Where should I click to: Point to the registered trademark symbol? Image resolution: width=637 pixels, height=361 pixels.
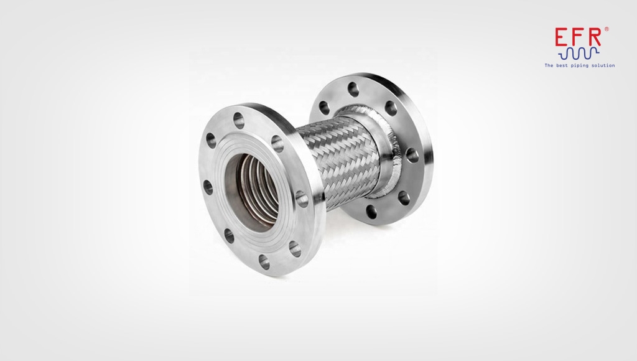(x=607, y=29)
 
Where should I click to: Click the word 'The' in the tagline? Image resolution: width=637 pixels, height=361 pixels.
(x=549, y=65)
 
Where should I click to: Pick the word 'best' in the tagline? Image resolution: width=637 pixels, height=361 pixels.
(x=562, y=65)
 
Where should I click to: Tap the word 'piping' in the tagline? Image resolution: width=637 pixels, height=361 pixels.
(x=580, y=65)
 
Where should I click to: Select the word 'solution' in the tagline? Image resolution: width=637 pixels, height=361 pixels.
(x=603, y=65)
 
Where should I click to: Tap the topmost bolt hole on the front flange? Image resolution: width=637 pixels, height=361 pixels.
(x=239, y=116)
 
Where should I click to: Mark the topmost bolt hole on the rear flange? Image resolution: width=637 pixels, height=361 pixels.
(x=354, y=87)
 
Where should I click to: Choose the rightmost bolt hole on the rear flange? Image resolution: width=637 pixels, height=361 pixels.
(x=411, y=153)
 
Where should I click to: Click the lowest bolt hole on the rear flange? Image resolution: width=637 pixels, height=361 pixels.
(x=373, y=209)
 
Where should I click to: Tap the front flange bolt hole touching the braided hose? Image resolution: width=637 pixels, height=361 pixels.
(x=302, y=199)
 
